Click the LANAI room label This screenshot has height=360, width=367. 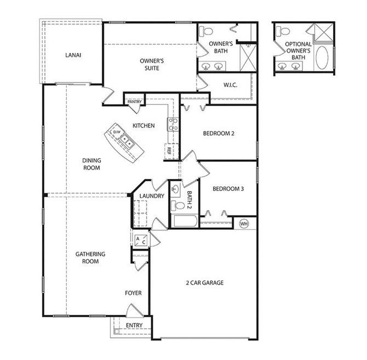click(73, 55)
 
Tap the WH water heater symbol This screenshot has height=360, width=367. click(244, 224)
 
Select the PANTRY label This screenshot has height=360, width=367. click(135, 102)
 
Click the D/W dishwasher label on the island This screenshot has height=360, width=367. click(117, 132)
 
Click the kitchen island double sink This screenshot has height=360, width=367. click(127, 141)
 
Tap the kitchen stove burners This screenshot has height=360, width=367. click(173, 124)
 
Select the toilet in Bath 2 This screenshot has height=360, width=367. click(177, 206)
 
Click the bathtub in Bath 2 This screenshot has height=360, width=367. click(185, 221)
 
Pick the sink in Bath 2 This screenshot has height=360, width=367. click(175, 189)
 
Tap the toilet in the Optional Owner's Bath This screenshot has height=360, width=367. click(283, 31)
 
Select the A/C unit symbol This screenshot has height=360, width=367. click(141, 240)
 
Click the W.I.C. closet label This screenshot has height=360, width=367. click(230, 85)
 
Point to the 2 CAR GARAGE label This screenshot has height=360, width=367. click(204, 283)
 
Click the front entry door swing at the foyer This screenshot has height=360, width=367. click(134, 311)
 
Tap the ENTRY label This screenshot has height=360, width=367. click(134, 325)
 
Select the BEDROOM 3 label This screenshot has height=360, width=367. click(228, 189)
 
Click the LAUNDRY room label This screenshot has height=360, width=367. click(152, 196)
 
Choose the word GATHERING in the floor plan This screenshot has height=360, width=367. click(90, 254)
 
